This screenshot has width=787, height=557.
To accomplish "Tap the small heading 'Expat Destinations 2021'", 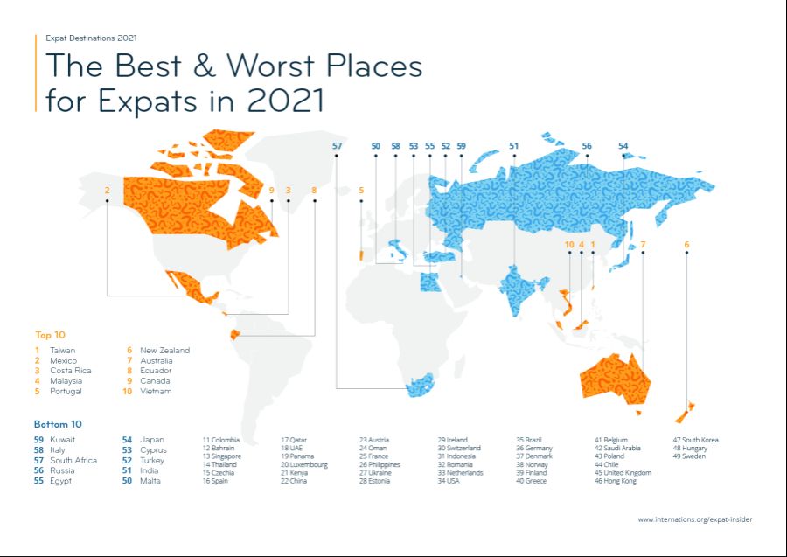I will (91, 38).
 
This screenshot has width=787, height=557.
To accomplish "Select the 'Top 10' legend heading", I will (50, 335).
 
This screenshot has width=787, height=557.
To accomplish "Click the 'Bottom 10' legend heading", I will (58, 424).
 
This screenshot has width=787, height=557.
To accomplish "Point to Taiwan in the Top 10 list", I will (62, 350).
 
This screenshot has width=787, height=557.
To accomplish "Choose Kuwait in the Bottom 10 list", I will (63, 439).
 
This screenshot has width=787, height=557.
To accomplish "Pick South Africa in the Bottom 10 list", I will (73, 460).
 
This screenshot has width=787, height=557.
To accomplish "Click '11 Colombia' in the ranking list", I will (221, 439).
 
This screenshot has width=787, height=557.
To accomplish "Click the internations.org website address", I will (694, 519).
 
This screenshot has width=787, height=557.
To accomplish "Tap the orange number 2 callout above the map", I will (107, 190).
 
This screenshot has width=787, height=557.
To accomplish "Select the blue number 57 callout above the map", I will (338, 146).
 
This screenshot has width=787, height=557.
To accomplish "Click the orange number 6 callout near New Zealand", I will (686, 245).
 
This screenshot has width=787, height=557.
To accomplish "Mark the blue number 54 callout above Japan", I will (623, 146).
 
